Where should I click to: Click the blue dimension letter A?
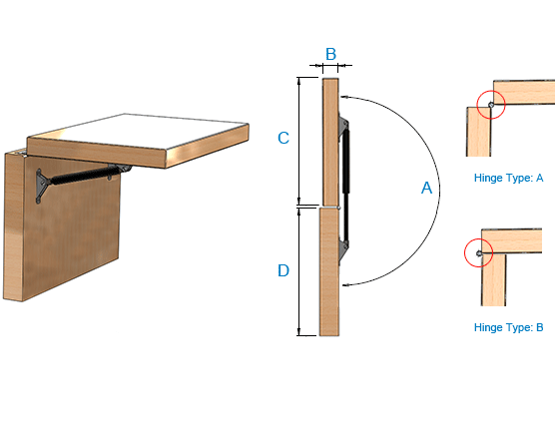point(426,188)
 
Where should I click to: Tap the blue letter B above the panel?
point(330,54)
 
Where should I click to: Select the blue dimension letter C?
point(283,138)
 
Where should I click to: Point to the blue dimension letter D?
point(283,270)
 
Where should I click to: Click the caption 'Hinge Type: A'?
point(508,178)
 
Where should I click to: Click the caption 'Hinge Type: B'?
point(508,327)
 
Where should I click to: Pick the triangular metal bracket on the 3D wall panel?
point(41,186)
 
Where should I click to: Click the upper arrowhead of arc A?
point(343,96)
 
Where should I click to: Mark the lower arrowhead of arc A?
point(345,284)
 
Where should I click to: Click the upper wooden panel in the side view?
point(330,142)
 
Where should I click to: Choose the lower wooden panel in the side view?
point(329,272)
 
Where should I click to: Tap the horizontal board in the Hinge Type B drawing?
point(511,241)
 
